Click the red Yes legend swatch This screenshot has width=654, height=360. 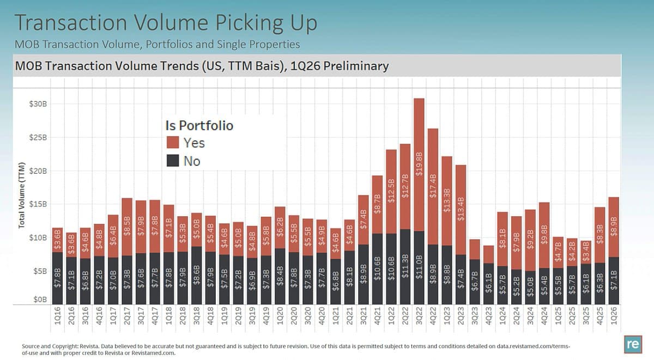[x=173, y=143]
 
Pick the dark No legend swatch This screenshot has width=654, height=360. [x=173, y=161]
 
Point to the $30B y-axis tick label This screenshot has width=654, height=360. [x=37, y=103]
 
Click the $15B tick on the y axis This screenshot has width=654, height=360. [x=37, y=204]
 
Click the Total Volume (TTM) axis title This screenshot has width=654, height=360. [x=22, y=194]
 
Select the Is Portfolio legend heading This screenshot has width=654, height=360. [x=199, y=125]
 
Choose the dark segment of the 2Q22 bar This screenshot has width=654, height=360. [x=405, y=267]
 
